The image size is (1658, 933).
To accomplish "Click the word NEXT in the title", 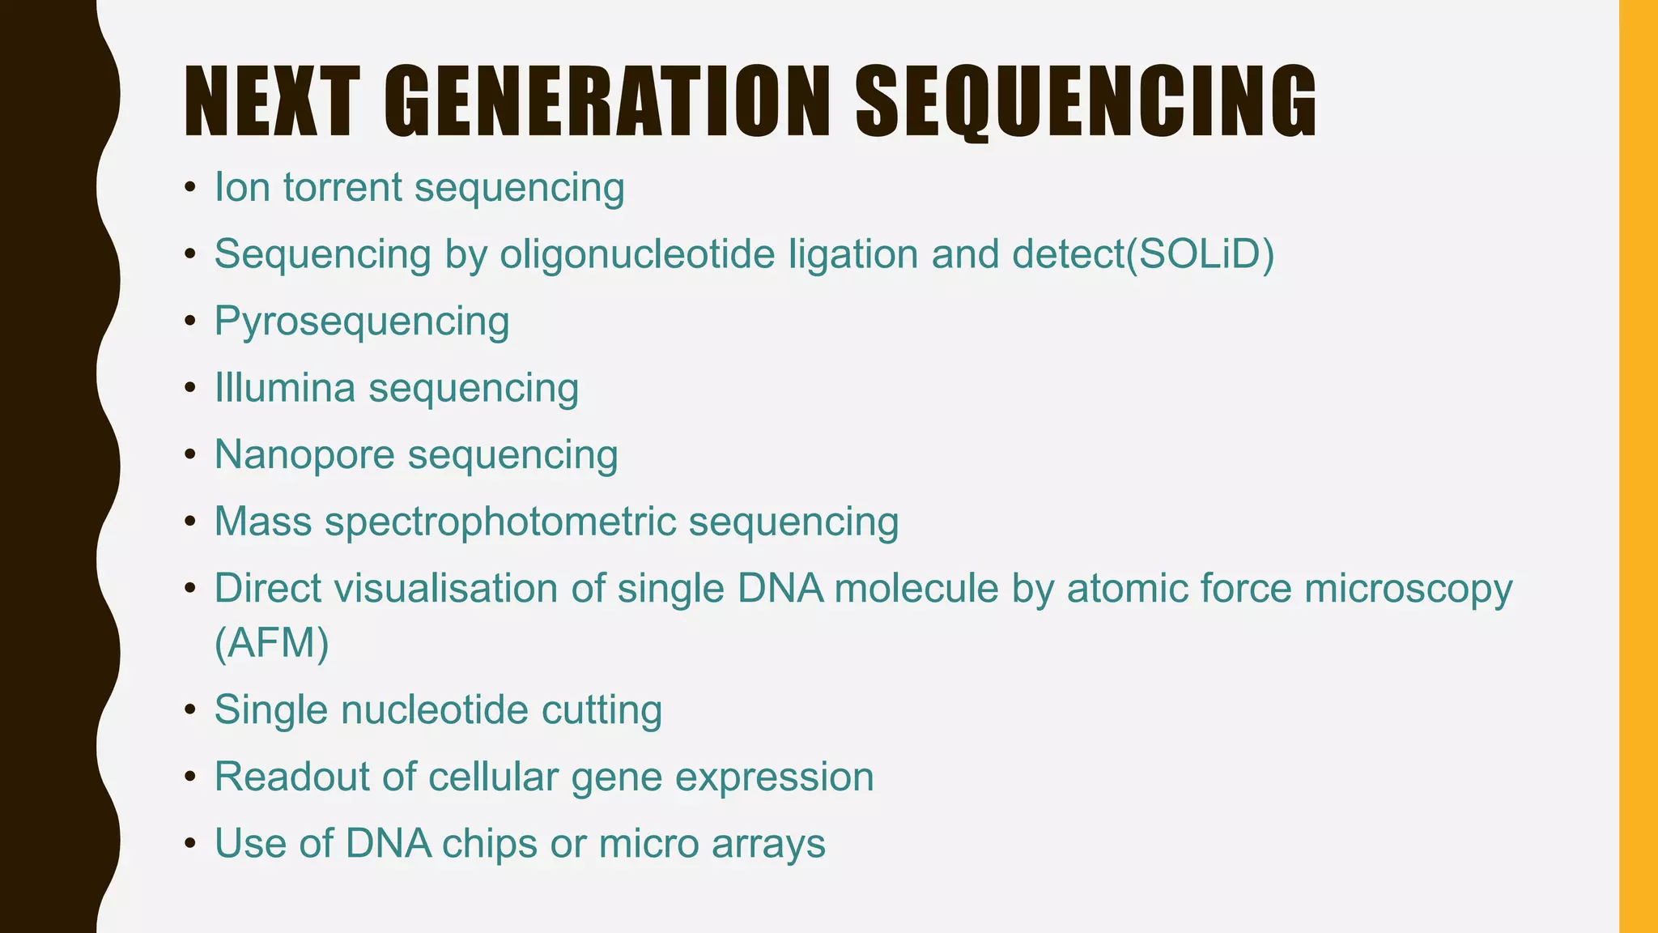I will (272, 102).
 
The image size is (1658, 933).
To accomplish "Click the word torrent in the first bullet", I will (342, 188).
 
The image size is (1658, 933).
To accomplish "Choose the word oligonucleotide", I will (637, 254).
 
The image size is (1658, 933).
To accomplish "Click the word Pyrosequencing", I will (362, 322).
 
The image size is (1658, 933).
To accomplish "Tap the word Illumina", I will (285, 388).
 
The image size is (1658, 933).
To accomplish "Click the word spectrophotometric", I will (500, 522).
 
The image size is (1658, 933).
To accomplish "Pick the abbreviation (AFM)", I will (272, 645).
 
